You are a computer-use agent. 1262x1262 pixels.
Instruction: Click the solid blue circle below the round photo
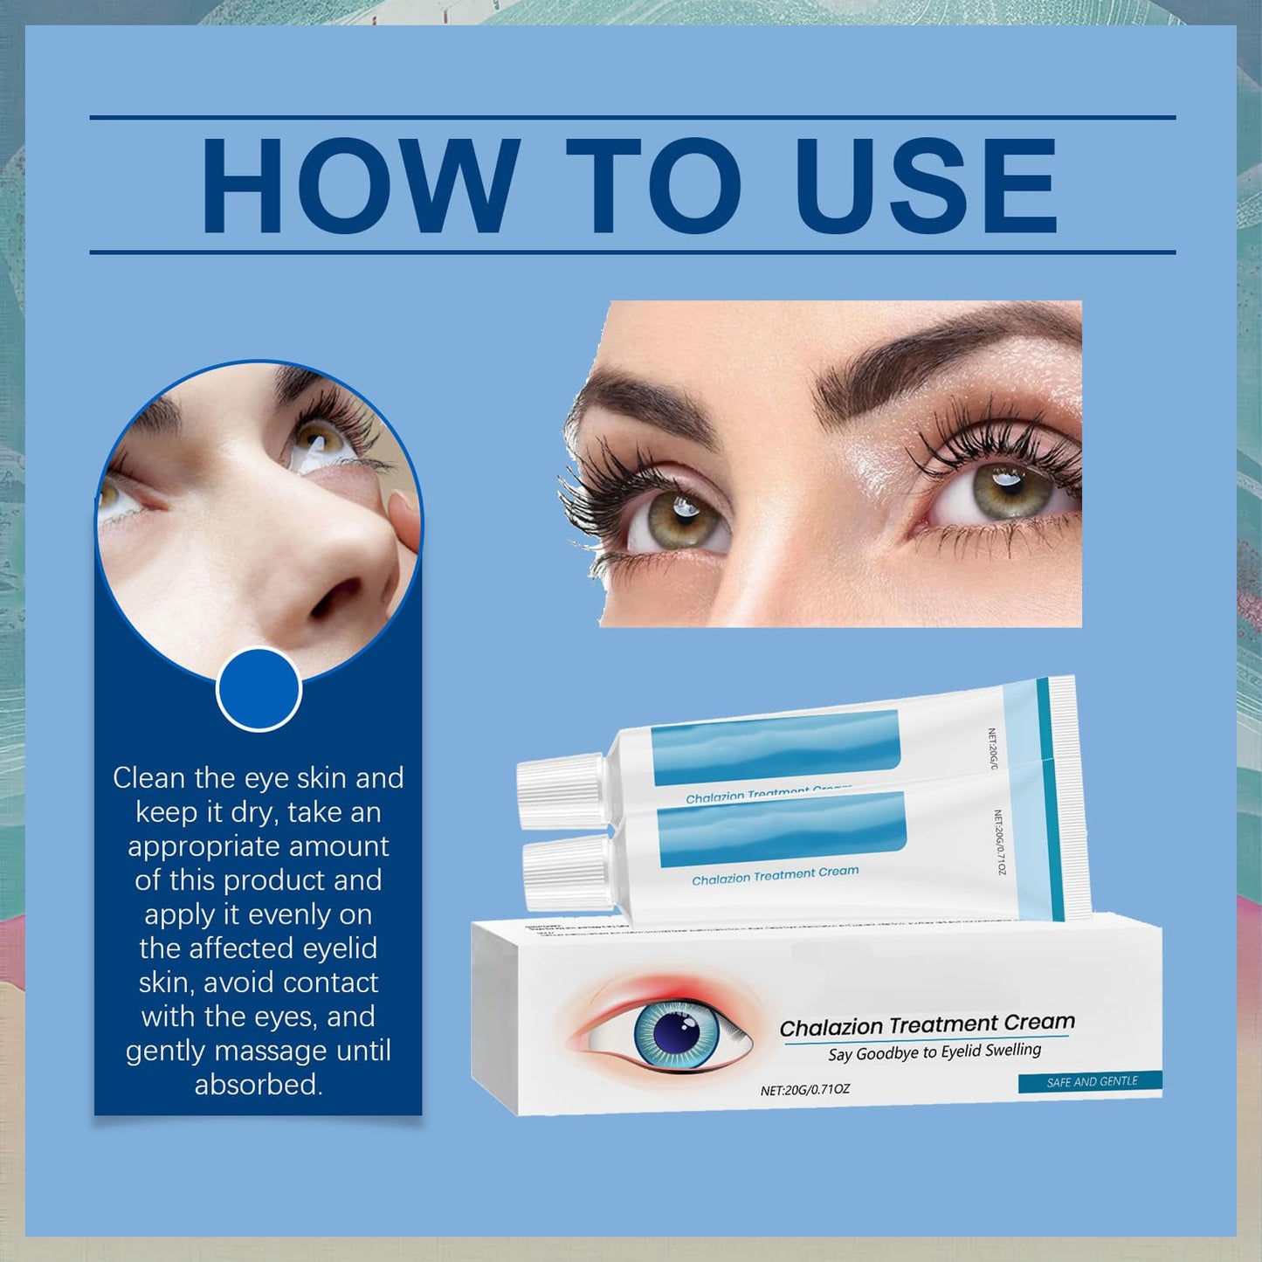(259, 689)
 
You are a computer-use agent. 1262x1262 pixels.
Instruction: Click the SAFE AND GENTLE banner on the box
(1091, 1081)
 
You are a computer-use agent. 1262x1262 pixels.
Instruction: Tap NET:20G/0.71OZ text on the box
(804, 1090)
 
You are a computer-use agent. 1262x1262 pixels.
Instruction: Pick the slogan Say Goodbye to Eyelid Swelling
(934, 1052)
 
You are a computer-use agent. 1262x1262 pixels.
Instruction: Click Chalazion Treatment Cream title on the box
(927, 1024)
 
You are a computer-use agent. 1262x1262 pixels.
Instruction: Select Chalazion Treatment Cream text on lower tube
(775, 875)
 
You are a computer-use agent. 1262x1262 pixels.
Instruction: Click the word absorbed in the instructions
(259, 1085)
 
